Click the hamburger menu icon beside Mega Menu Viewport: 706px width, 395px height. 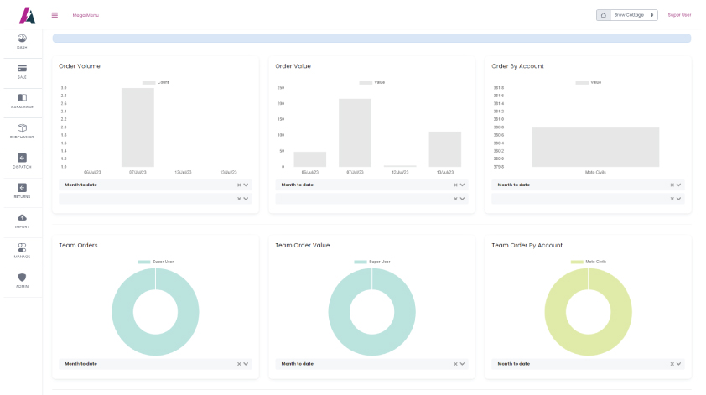click(55, 14)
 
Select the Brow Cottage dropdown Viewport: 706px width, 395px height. click(635, 15)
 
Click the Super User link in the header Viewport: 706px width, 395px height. click(679, 15)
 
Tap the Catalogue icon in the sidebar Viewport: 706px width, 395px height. click(22, 98)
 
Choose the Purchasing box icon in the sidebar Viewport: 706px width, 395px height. click(22, 127)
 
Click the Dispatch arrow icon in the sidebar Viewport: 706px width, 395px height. click(22, 158)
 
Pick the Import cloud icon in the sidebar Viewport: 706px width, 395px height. click(22, 218)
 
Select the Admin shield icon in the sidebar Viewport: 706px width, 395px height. click(22, 278)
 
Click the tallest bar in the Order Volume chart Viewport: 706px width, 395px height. click(138, 127)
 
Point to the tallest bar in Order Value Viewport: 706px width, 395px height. click(355, 133)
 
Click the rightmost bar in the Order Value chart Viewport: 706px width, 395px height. click(444, 148)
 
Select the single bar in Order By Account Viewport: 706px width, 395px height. click(595, 147)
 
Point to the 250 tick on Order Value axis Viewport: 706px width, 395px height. click(281, 87)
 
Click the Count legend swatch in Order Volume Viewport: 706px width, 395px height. click(148, 82)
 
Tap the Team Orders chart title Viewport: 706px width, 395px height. click(78, 245)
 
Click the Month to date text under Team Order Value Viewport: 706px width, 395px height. click(298, 364)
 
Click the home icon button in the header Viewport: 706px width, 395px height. click(603, 15)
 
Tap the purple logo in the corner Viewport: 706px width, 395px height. click(27, 15)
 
